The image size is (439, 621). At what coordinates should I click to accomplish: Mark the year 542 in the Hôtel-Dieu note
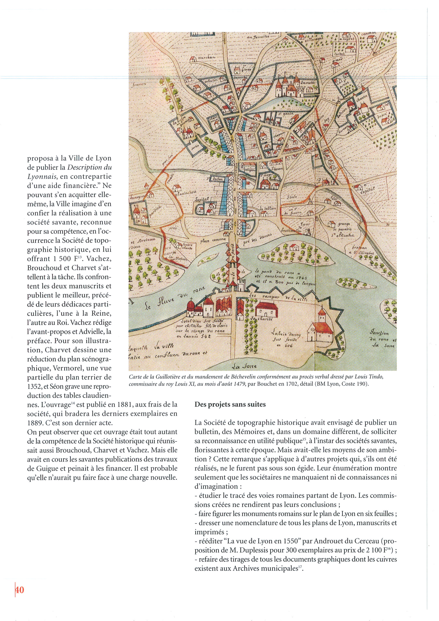tap(206, 336)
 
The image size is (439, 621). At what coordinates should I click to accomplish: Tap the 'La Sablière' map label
tap(268, 209)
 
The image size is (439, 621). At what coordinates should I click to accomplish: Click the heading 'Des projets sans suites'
tap(230, 405)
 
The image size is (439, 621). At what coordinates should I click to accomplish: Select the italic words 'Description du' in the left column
tap(89, 167)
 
